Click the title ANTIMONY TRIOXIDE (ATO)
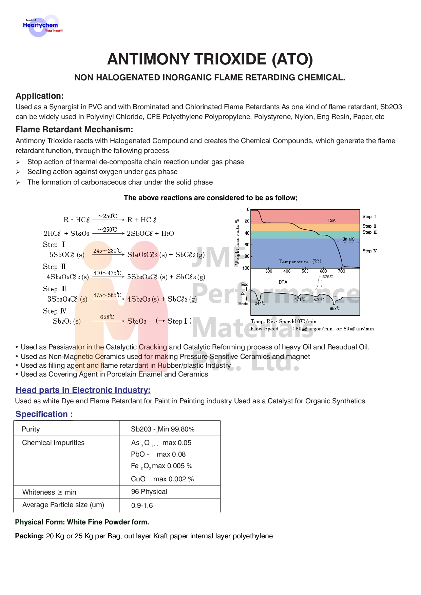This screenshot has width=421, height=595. (210, 59)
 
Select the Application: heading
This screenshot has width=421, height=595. (40, 96)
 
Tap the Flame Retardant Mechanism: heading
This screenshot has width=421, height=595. (74, 130)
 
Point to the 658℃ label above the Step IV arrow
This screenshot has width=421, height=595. (107, 317)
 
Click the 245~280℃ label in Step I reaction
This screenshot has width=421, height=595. (107, 251)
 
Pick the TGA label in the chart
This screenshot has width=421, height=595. (331, 220)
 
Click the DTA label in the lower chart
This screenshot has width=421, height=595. (283, 282)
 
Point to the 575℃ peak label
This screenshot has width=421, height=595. (328, 277)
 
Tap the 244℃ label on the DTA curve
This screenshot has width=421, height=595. (260, 303)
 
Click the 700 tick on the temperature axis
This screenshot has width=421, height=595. (341, 271)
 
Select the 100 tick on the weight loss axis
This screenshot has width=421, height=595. (246, 268)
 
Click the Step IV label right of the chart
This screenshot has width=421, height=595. (369, 251)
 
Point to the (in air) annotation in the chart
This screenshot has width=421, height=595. (348, 239)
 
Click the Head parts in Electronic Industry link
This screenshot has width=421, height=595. (83, 390)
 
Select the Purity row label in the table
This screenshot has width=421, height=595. (31, 429)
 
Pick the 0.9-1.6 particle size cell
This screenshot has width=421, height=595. (142, 505)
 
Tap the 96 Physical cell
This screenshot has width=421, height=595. (149, 492)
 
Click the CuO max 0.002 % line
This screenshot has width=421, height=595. (162, 479)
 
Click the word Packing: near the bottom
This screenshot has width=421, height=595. (30, 536)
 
